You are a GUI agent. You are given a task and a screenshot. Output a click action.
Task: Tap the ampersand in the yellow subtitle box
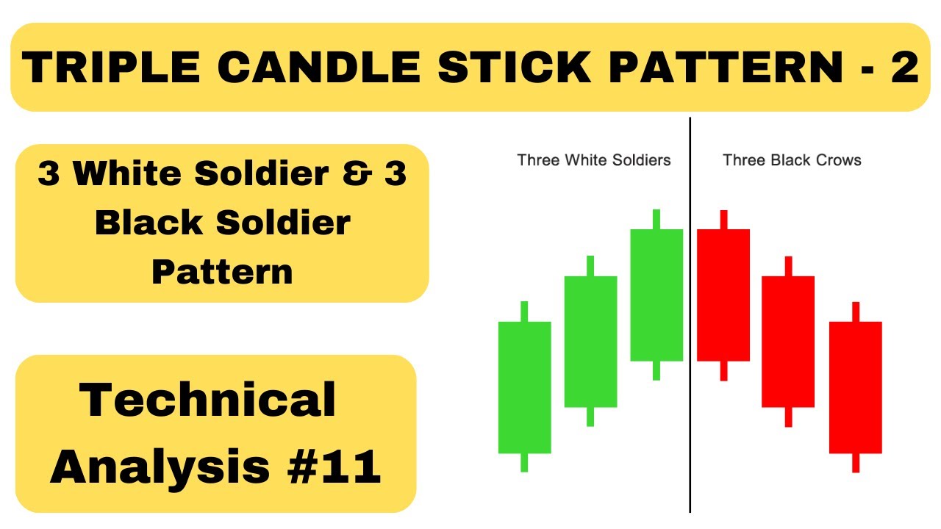tap(333, 174)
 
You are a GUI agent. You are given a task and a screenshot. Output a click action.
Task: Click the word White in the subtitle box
tap(140, 174)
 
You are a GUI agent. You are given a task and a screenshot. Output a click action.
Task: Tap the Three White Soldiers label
tap(594, 160)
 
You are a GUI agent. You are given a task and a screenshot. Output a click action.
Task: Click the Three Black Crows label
tap(792, 160)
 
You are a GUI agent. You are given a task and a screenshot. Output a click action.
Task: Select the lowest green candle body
tap(524, 387)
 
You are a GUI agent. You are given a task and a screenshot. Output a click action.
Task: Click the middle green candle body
tap(590, 342)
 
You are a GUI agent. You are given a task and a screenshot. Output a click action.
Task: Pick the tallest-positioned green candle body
tap(656, 295)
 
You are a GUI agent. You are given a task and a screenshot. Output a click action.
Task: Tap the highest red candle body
tap(723, 295)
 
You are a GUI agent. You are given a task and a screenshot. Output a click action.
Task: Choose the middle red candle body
tap(788, 342)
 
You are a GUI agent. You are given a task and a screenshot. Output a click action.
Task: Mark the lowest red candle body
tap(855, 387)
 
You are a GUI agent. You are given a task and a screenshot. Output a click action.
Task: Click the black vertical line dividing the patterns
tap(690, 441)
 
